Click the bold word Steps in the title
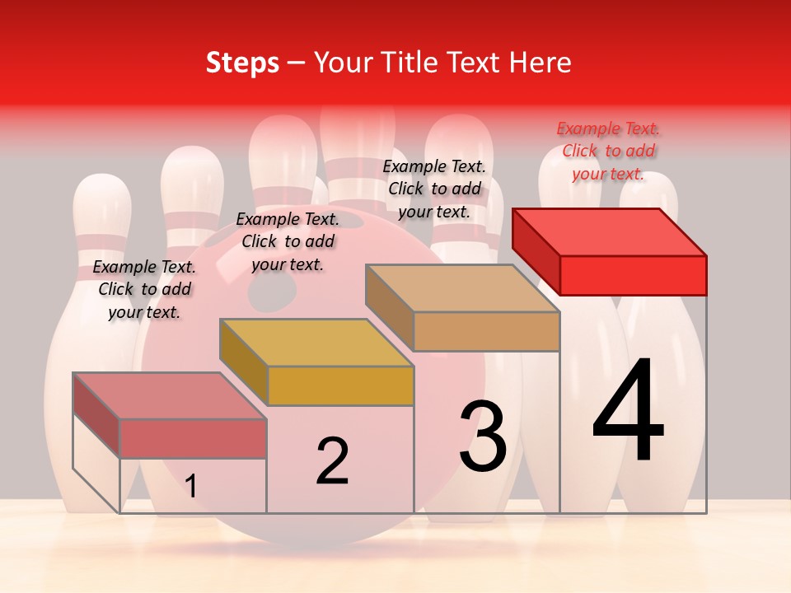pos(242,63)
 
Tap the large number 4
pos(628,412)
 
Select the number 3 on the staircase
pos(482,436)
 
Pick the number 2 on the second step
pos(332,461)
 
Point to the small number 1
pos(191,486)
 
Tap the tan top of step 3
pos(461,288)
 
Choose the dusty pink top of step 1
pos(170,395)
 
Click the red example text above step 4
pos(608,151)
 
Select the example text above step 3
pos(434,189)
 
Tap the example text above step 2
pos(288,241)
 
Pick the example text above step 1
pos(144,289)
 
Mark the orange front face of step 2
pos(340,385)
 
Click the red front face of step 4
pos(633,275)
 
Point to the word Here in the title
pos(541,63)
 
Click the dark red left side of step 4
pos(536,248)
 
